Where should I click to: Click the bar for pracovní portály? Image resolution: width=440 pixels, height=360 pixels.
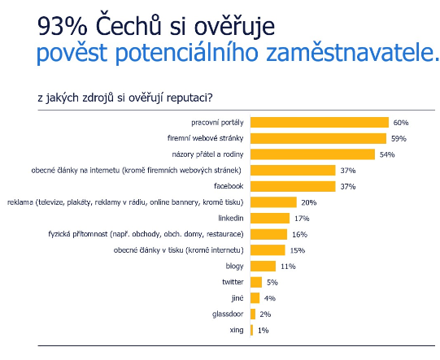pos(320,123)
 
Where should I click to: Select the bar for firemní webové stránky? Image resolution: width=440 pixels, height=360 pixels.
pos(319,138)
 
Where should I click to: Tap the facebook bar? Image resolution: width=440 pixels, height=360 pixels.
pos(293,186)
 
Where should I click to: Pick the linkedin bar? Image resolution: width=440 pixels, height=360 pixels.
pos(270,219)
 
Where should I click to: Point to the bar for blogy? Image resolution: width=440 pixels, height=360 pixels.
pos(264,266)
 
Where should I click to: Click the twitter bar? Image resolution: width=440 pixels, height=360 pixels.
pos(256,282)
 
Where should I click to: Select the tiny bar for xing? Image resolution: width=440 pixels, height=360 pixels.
pos(251,330)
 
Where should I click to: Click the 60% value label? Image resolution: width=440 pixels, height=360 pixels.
pos(401,123)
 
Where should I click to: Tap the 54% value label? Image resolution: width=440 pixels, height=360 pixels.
pos(387,154)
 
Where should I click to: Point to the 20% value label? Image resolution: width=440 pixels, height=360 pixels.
pos(309,202)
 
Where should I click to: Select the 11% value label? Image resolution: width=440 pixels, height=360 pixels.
pos(288,267)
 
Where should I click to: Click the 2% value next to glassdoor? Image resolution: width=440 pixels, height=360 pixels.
pos(265,314)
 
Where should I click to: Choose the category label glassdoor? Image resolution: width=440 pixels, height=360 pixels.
pos(228,314)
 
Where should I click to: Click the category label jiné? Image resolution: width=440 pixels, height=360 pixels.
pos(237,298)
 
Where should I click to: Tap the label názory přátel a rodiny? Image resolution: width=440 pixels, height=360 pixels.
pos(207,154)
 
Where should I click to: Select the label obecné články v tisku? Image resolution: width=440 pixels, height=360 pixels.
pos(178,250)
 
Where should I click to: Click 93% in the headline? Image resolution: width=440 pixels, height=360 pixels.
pos(62,26)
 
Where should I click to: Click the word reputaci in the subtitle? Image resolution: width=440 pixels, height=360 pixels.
pos(190,98)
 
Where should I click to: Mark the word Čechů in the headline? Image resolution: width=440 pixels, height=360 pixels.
pos(129,24)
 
